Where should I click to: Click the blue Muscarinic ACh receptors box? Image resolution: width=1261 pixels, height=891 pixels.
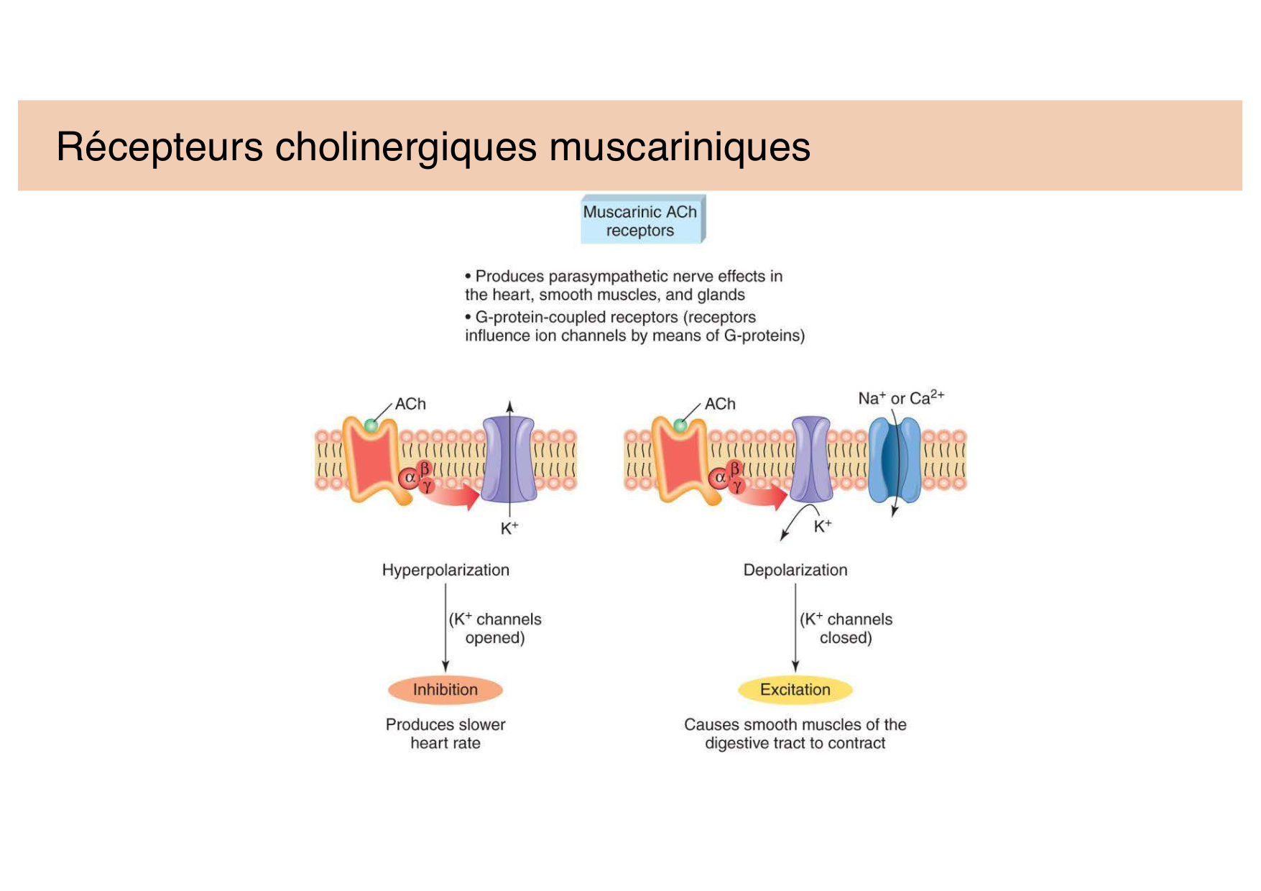(641, 221)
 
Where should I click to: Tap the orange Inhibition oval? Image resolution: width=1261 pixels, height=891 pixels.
(445, 690)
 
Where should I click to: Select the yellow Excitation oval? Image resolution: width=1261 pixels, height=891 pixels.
(795, 690)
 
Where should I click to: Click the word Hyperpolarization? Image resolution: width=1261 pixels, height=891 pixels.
(445, 571)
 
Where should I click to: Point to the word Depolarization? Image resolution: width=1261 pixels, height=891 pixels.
(795, 571)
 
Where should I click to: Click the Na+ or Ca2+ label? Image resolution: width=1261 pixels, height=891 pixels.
(900, 398)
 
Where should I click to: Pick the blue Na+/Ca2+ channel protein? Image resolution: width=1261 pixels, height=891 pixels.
(894, 460)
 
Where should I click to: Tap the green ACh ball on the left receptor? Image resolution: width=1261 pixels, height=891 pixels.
(371, 425)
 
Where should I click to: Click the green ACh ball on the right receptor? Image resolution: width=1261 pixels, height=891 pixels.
(680, 425)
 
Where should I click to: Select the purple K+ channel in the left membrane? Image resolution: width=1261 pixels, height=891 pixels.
(509, 460)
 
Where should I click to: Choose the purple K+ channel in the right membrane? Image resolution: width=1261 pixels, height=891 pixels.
(811, 460)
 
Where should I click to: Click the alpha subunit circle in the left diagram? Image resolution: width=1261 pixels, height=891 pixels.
(409, 478)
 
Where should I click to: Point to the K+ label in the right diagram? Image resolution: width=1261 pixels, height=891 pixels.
(822, 527)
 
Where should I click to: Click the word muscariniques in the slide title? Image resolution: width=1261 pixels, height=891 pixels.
(680, 147)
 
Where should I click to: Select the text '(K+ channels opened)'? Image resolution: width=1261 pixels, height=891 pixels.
(495, 629)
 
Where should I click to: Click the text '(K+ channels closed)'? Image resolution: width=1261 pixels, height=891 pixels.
(846, 629)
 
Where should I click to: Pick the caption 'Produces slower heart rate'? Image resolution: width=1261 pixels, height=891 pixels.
(445, 734)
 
